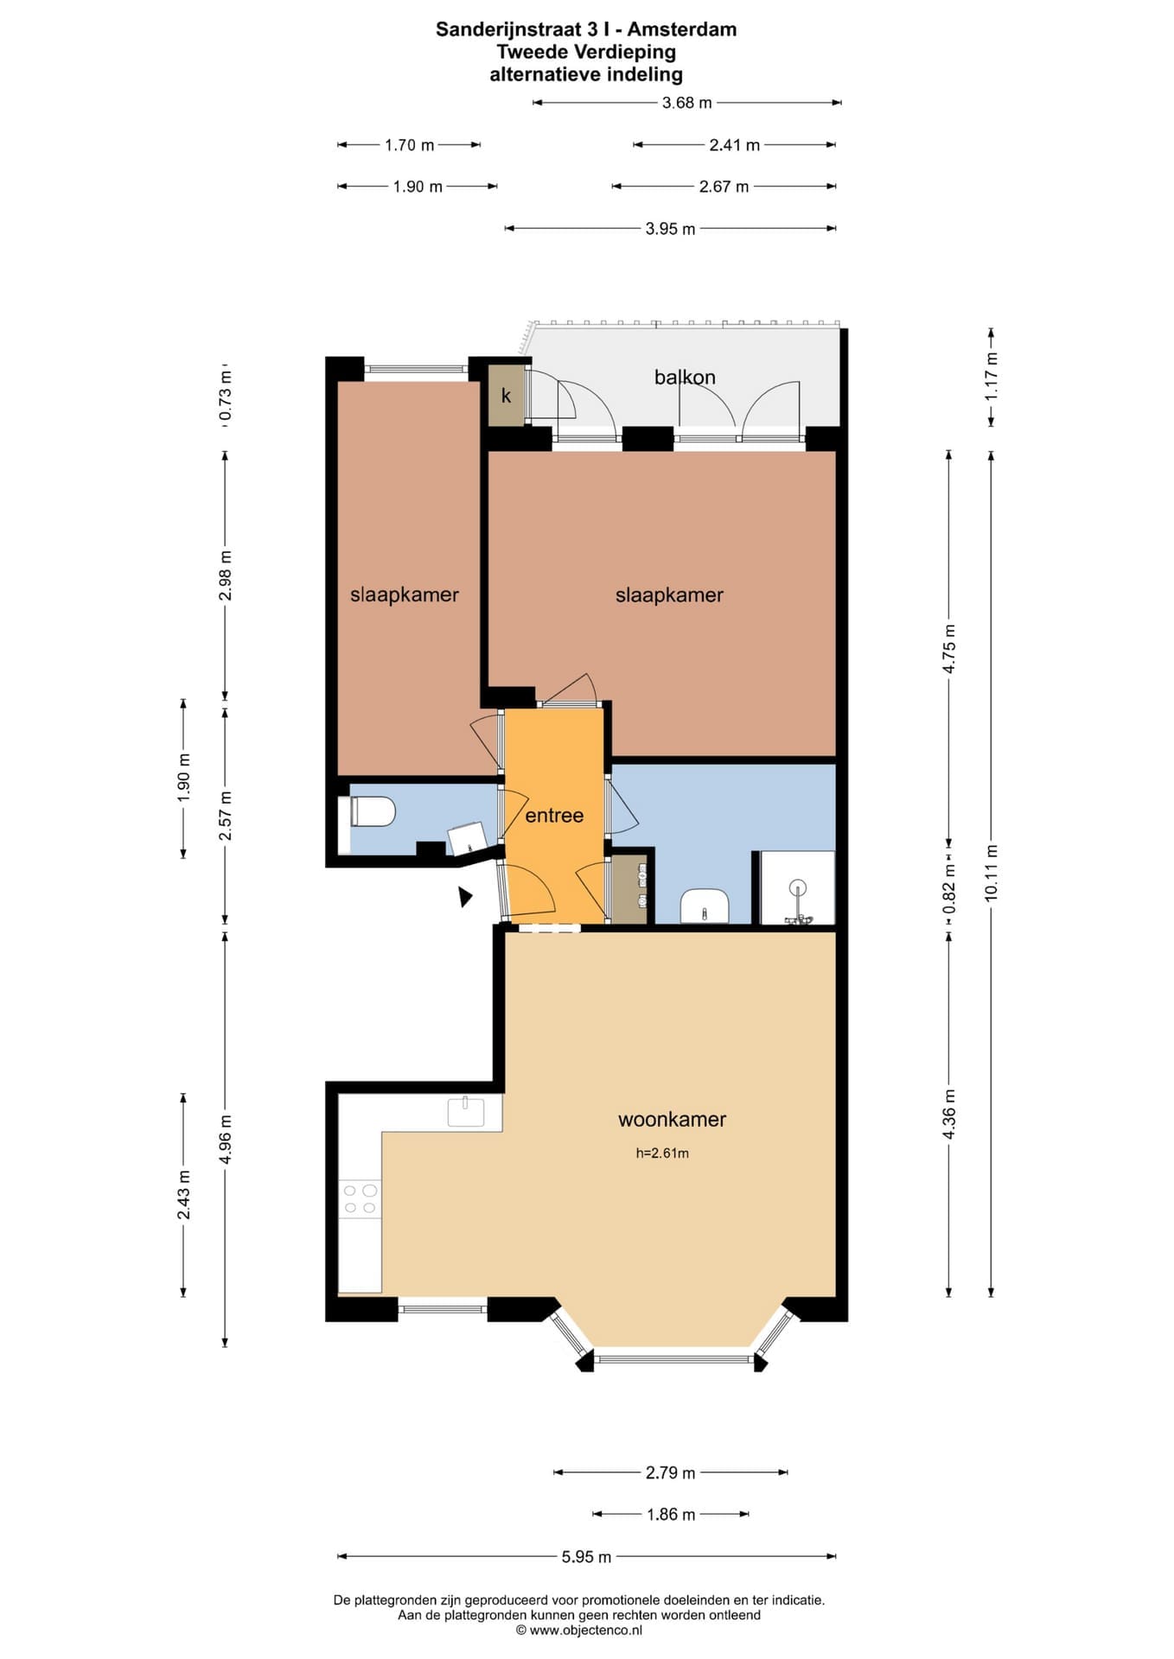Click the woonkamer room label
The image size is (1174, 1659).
(x=672, y=1119)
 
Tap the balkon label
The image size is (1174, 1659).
(x=685, y=377)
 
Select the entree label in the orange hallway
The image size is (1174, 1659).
(x=554, y=815)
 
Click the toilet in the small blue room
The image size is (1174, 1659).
(x=373, y=812)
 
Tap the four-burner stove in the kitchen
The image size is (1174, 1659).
(x=360, y=1198)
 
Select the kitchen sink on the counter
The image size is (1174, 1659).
(x=466, y=1111)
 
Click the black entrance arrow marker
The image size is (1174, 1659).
(x=465, y=896)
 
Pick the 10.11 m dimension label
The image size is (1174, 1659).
(x=991, y=873)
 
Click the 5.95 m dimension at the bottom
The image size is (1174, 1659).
(x=586, y=1556)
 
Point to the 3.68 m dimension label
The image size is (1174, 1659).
(x=686, y=103)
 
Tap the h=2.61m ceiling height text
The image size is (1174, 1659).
(x=662, y=1153)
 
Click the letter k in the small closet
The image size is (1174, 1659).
(x=507, y=396)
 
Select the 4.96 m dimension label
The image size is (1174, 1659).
(x=226, y=1139)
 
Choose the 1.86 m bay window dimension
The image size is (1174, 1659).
(x=671, y=1514)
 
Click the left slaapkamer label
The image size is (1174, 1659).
(x=404, y=594)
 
